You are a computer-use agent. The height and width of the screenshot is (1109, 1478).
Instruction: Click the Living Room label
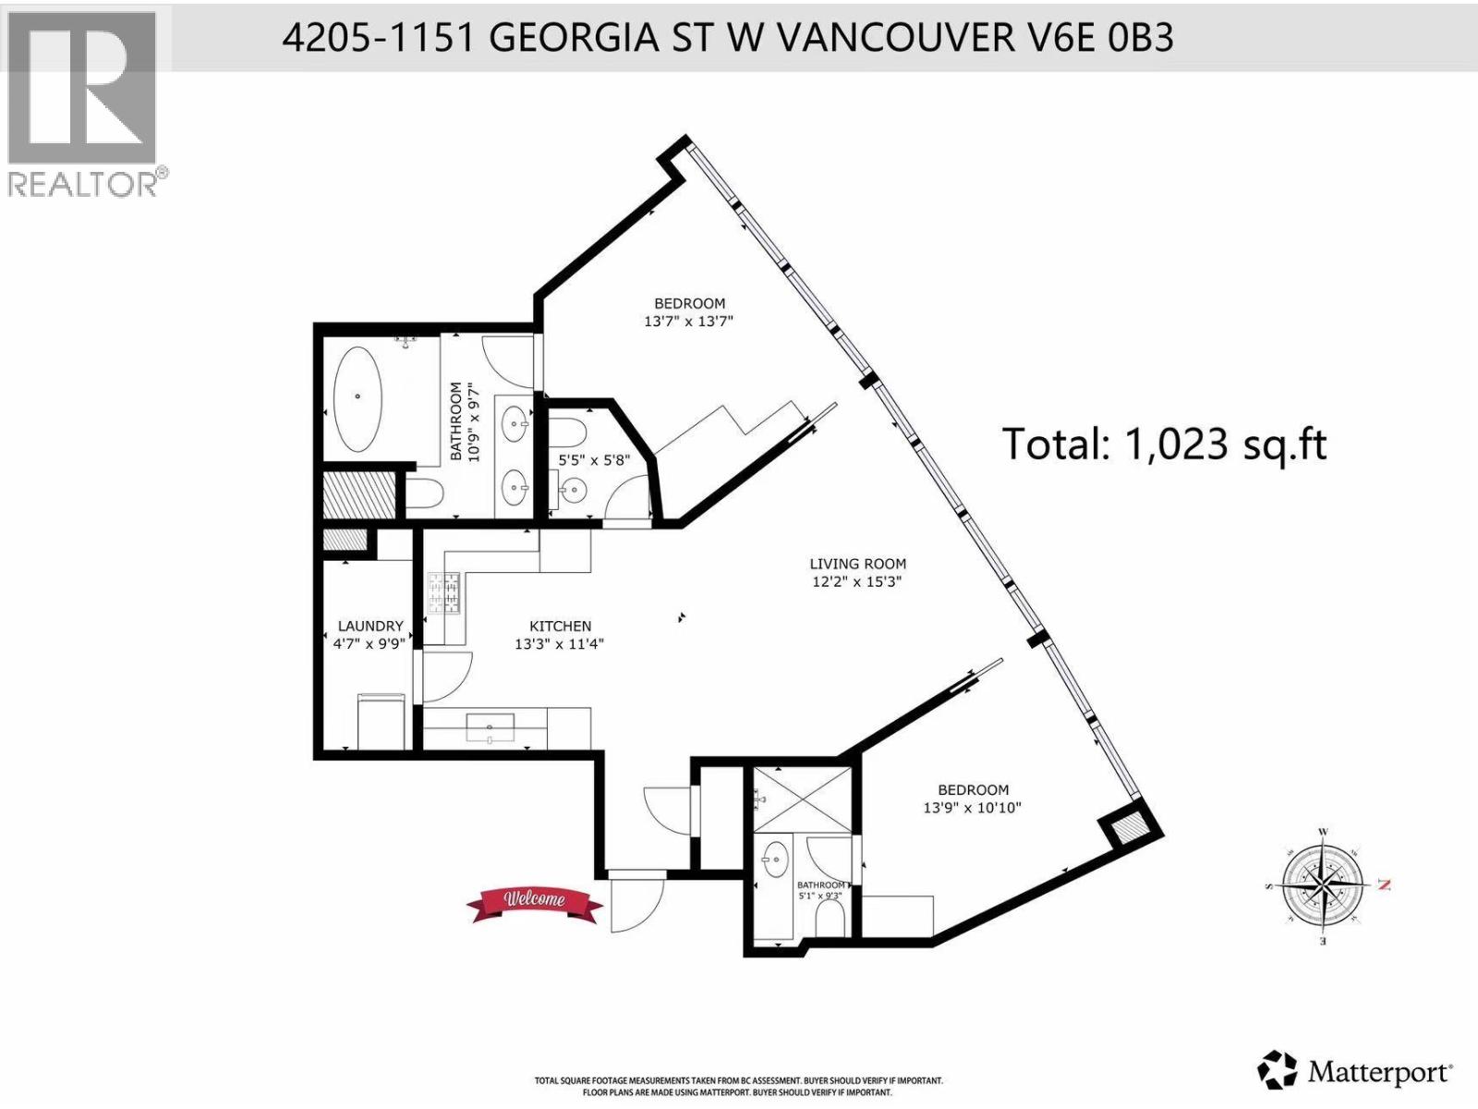[857, 564]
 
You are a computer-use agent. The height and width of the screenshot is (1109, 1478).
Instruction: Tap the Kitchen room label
[560, 626]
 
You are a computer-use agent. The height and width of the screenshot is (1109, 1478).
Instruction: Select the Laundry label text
[369, 626]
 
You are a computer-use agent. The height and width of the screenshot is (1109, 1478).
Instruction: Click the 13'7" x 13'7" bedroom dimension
[688, 322]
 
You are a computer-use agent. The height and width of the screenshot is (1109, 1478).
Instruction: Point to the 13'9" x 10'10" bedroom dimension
[972, 808]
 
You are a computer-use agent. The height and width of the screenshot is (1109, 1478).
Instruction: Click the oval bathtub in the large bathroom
[357, 398]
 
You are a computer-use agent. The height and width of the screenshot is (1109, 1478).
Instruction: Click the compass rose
[1324, 884]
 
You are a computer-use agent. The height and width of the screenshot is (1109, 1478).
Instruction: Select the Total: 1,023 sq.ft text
[1164, 445]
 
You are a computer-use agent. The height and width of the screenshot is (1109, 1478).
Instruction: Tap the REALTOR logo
[83, 102]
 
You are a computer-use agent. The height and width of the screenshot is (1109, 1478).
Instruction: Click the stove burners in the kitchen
[443, 594]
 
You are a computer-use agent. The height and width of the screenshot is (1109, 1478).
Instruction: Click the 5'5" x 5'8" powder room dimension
[594, 458]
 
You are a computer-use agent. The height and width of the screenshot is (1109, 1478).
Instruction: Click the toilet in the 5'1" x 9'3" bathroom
[831, 919]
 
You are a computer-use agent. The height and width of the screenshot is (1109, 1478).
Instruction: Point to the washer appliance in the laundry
[383, 723]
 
